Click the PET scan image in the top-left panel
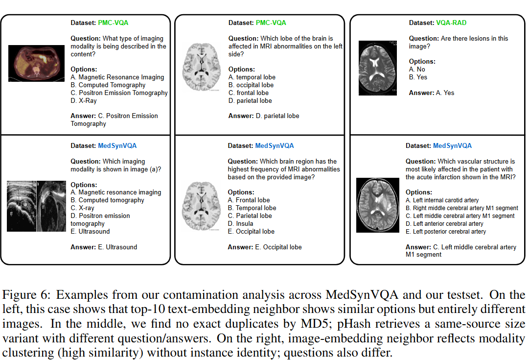[37, 63]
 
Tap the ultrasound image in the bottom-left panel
[37, 205]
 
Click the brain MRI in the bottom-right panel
[378, 204]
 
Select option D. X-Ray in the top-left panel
[84, 100]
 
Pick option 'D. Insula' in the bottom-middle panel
[240, 223]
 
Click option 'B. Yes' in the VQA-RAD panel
[418, 77]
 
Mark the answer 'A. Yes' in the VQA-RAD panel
[445, 93]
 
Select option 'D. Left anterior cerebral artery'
[445, 223]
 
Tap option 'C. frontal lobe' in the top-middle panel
[249, 93]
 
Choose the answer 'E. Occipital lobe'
[278, 247]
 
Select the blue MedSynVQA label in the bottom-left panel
[117, 145]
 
